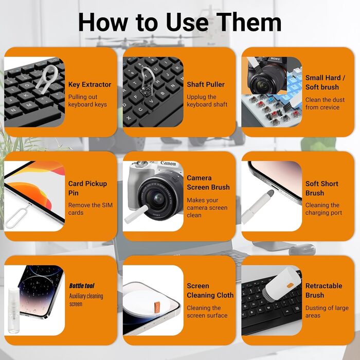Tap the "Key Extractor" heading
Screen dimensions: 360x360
coord(89,84)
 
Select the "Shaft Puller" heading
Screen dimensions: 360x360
coord(206,84)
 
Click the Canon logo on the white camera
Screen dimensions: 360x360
coord(168,163)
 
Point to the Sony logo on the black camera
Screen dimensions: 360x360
coord(275,59)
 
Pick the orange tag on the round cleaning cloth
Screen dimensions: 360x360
coord(157,307)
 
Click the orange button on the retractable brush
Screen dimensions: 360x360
coord(290,285)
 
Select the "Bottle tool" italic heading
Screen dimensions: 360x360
coord(82,286)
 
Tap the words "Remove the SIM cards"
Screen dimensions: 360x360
coord(90,209)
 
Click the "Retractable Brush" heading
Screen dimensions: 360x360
coord(323,291)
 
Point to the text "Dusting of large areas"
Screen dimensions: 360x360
coord(327,312)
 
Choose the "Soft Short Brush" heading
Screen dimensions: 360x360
coord(321,188)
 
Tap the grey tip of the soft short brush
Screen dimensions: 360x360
coord(271,193)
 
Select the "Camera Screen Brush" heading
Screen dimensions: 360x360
coord(208,183)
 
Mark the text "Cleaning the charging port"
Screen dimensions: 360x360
coord(323,209)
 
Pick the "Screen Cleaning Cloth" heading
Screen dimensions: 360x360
coord(210,291)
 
